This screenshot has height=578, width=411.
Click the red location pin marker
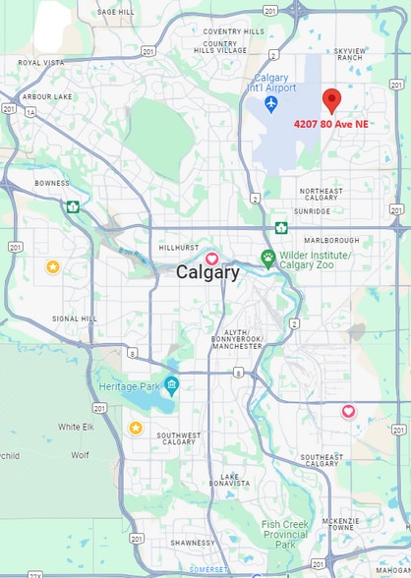[331, 100]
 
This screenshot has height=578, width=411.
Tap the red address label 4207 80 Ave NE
[331, 124]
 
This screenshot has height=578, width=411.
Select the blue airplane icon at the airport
[270, 103]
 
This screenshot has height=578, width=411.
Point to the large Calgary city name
[206, 273]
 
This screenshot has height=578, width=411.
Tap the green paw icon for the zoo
[267, 258]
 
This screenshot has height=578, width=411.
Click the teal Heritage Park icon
[172, 384]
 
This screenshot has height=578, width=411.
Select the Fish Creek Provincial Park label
[285, 534]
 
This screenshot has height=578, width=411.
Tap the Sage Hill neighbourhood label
[115, 12]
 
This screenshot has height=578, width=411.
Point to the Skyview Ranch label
[349, 53]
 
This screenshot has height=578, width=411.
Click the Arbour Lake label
[47, 96]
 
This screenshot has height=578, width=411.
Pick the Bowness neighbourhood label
[52, 183]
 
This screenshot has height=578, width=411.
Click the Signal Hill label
[75, 318]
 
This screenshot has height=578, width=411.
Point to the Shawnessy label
[192, 543]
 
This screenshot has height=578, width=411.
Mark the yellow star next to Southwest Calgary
[136, 427]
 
